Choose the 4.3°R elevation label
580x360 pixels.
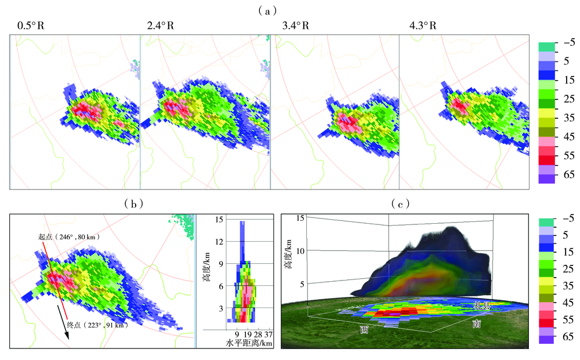click(422, 26)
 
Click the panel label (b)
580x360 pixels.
click(134, 203)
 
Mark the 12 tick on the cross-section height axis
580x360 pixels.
click(219, 241)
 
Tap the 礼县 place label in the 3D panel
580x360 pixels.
click(483, 305)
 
